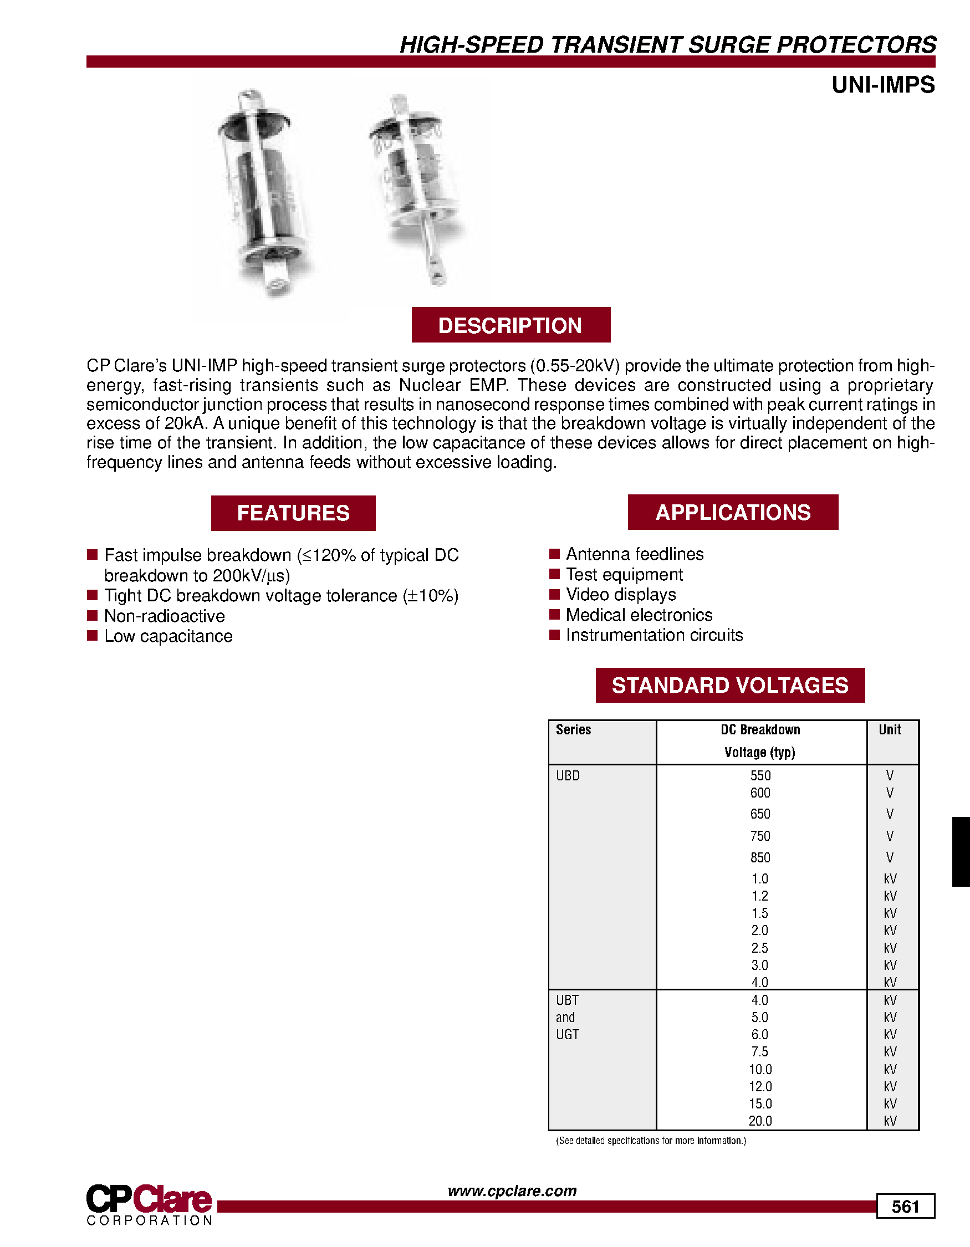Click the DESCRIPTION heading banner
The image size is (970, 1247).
[510, 325]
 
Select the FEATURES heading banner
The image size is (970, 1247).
[293, 513]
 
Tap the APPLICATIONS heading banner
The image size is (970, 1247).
[733, 512]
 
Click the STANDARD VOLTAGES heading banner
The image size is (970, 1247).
[729, 685]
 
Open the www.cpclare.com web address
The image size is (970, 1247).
[512, 1190]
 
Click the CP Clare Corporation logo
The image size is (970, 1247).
[150, 1204]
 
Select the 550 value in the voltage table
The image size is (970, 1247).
[760, 775]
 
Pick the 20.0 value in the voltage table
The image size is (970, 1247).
[760, 1121]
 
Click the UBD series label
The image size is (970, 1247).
[568, 775]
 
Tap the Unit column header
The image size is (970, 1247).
[890, 730]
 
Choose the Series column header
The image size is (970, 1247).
[573, 730]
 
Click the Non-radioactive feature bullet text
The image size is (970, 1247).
[165, 616]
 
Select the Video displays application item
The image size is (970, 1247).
[621, 594]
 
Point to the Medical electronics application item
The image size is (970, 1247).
[639, 615]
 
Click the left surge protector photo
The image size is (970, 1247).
[264, 191]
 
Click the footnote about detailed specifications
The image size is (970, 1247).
[651, 1141]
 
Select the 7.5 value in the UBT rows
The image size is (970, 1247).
[760, 1052]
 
